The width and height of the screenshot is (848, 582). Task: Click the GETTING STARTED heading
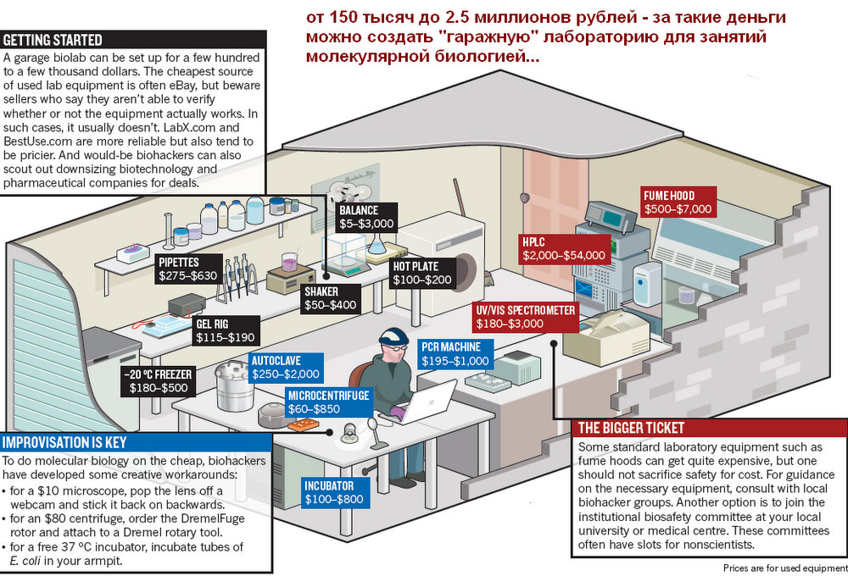tap(53, 40)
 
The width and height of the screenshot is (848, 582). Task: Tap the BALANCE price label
tap(365, 217)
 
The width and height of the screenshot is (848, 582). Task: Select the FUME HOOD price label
tap(678, 202)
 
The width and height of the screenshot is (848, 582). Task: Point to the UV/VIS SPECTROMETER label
tap(526, 317)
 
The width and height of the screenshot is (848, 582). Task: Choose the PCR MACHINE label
tap(455, 354)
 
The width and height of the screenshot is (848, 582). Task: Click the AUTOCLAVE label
tap(285, 367)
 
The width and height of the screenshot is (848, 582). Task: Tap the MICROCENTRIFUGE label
tap(329, 402)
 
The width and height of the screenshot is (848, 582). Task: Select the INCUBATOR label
tap(334, 492)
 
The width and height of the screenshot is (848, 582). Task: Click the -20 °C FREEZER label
tap(158, 381)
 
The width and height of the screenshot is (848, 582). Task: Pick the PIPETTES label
tap(187, 269)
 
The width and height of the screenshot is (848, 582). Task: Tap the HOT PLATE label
tap(422, 272)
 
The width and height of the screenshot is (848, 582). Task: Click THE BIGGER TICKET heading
tap(630, 429)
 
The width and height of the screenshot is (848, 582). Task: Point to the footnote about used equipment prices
tap(784, 568)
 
